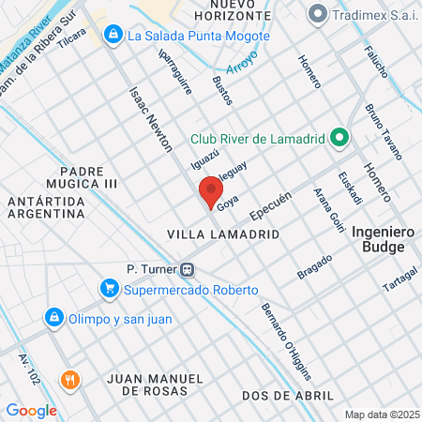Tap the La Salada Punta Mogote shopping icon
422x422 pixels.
113,36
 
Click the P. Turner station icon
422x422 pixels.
188,268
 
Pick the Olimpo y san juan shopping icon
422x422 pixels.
55,318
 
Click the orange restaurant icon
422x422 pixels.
68,380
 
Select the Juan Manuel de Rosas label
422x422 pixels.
155,383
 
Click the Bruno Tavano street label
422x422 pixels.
384,130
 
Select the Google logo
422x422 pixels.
31,410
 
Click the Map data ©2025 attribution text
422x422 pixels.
381,414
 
